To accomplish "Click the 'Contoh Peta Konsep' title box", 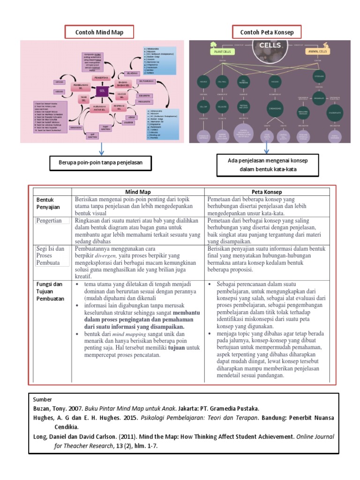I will [266, 32].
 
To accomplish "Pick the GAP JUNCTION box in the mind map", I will [93, 135].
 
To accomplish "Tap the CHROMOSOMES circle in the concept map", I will [276, 108].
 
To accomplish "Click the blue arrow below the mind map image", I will [101, 150].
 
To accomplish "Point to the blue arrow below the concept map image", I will [266, 148].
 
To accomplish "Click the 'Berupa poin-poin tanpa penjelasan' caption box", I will [101, 163].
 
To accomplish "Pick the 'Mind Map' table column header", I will [138, 191].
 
